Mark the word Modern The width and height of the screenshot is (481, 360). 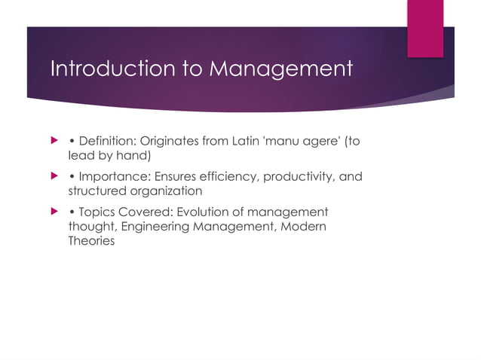(304, 227)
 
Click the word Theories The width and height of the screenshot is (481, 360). (86, 242)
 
